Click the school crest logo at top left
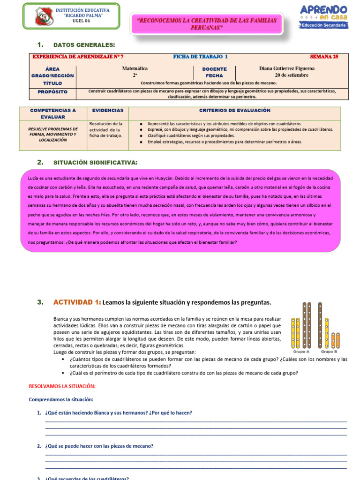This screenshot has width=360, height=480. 45,16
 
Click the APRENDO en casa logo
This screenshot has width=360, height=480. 323,16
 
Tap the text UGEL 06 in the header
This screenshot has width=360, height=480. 82,21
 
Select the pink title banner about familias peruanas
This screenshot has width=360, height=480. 206,23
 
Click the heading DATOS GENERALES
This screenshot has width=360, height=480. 84,45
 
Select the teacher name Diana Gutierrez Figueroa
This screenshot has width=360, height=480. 287,68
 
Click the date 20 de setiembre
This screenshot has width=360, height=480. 292,75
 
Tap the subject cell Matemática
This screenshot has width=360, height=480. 135,68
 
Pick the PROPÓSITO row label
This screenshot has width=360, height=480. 52,92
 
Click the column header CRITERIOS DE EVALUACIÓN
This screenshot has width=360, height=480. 235,111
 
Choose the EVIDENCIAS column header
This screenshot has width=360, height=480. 108,111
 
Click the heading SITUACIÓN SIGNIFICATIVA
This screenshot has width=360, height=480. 96,162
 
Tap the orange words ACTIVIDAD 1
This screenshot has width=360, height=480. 77,302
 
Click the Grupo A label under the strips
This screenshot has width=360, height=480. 301,351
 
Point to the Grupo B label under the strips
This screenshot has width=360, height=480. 329,351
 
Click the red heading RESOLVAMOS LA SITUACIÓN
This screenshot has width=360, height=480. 62,386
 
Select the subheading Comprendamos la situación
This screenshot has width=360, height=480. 61,399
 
